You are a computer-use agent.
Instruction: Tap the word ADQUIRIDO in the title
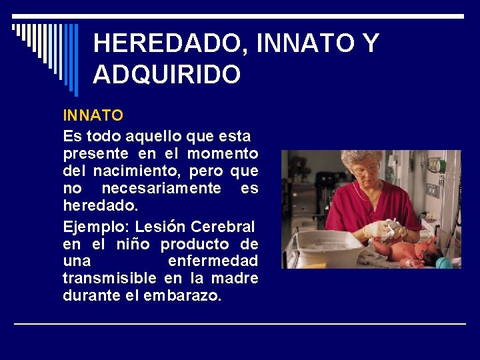167,75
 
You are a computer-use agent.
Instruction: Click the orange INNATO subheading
93,115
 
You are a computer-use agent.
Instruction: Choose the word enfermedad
213,261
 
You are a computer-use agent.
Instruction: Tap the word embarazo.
182,295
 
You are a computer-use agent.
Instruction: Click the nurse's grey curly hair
363,158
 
